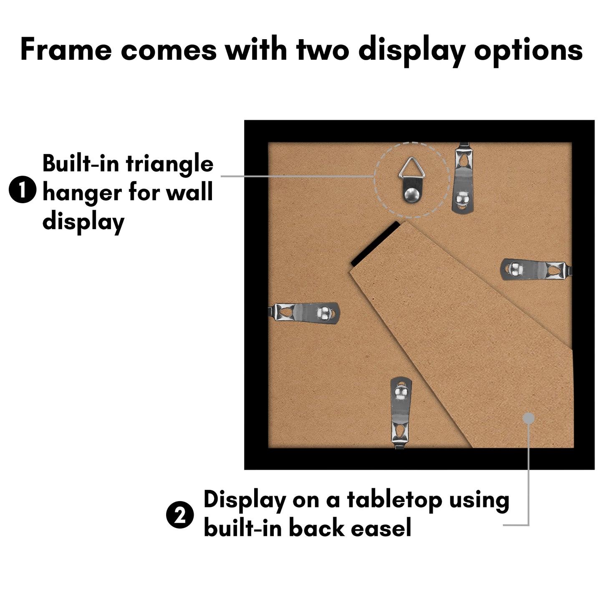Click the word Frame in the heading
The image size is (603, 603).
point(66,49)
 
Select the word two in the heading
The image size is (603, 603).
point(323,49)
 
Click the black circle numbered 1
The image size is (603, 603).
point(23,189)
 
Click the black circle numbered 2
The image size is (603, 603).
point(180,515)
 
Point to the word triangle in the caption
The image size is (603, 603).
point(169,165)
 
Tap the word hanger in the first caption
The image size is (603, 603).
point(82,193)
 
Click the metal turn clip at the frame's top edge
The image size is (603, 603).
point(462,178)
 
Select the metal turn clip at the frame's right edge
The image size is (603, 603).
point(536,269)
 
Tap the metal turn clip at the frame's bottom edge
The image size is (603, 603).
point(401,413)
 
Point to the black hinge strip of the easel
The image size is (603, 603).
point(376,244)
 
